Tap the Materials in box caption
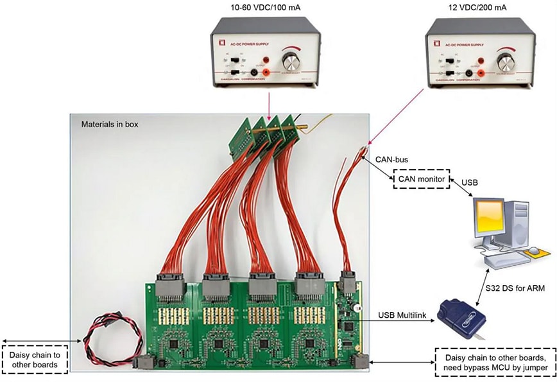[x=107, y=124]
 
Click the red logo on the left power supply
[x=222, y=44]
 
